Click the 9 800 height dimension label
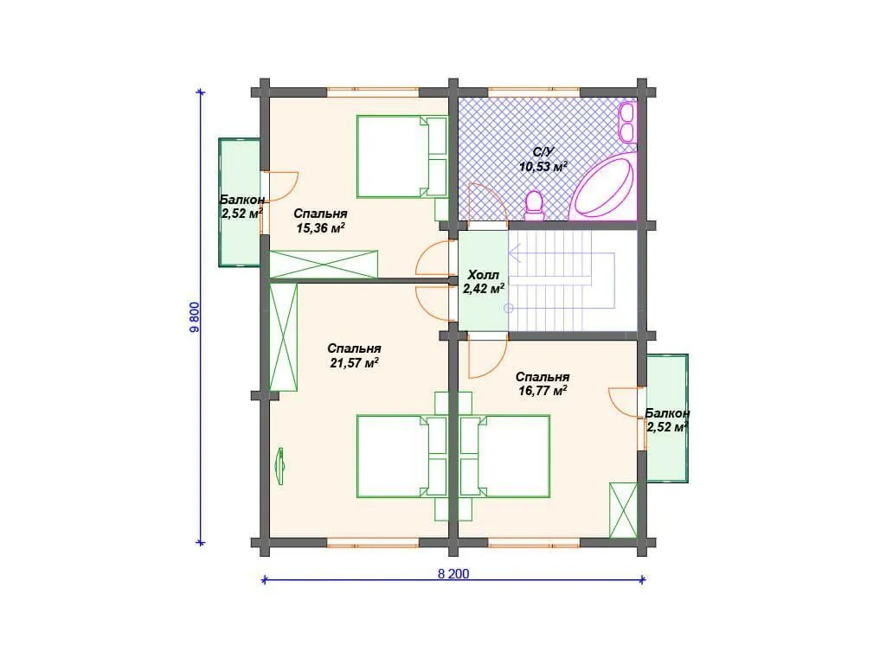(195, 317)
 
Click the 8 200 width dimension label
(453, 574)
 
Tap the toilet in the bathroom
(534, 206)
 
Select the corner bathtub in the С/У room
(603, 188)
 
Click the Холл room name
(483, 275)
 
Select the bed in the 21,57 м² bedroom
(401, 456)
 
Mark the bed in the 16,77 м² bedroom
(505, 456)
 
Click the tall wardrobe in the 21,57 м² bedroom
(283, 336)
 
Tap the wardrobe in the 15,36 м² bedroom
(324, 265)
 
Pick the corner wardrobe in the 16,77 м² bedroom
(623, 510)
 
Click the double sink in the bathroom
(626, 121)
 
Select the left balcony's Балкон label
(242, 200)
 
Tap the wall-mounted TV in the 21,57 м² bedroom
(279, 466)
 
